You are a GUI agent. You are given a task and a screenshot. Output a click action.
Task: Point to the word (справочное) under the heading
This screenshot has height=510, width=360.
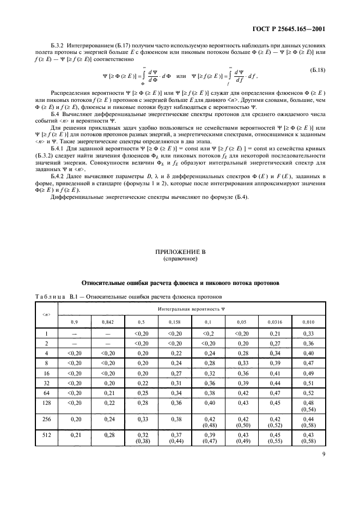click(180, 260)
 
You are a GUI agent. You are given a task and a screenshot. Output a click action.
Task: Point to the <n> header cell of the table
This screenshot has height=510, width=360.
click(46, 315)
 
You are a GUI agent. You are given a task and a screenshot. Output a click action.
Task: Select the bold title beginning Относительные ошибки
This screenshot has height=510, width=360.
click(180, 283)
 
